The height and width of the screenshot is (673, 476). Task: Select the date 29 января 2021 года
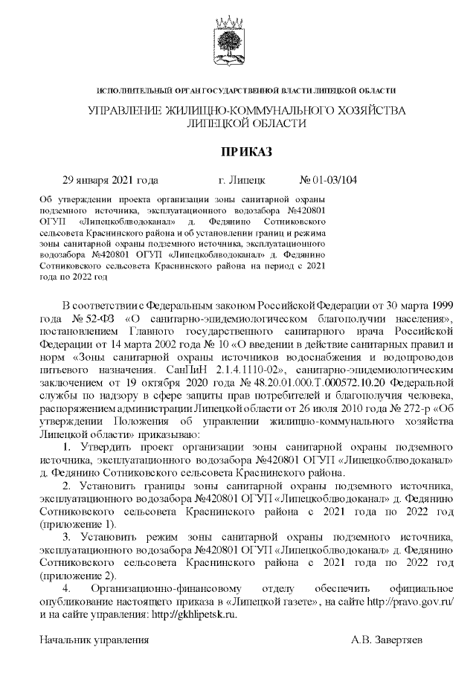110,180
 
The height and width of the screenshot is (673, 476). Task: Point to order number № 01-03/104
328,180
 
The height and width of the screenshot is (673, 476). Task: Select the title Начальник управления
94,639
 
